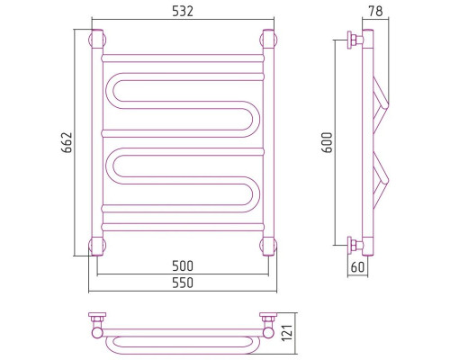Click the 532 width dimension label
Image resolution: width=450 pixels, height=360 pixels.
tap(183, 12)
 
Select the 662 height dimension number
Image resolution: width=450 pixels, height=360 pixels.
tap(67, 142)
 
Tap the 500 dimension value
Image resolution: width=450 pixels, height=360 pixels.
tap(183, 265)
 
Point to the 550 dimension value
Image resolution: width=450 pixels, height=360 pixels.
tap(183, 283)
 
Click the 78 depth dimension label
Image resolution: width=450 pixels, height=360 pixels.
tap(375, 11)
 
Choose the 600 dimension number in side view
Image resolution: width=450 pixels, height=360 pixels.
tap(328, 142)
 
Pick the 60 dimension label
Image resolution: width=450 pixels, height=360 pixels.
tap(357, 267)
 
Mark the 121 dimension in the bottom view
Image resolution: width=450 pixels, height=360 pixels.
tap(287, 332)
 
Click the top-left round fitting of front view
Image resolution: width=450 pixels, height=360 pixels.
tap(97, 40)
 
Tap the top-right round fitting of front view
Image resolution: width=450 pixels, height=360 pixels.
tap(268, 40)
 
